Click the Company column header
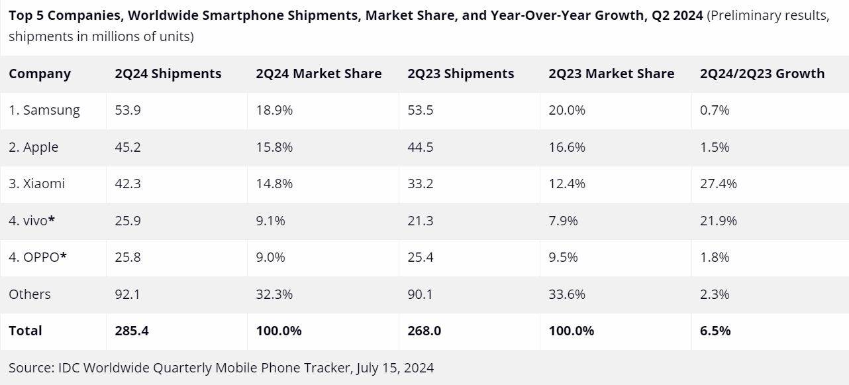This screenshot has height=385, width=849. click(x=40, y=74)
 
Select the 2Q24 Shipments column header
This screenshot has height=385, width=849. click(x=168, y=74)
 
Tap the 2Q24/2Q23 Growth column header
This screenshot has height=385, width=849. click(x=762, y=74)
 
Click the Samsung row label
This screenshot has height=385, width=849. click(x=44, y=110)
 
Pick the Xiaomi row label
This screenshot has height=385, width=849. click(x=37, y=184)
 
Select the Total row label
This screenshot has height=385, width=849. click(x=25, y=330)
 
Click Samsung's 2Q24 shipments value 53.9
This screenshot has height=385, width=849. click(x=128, y=110)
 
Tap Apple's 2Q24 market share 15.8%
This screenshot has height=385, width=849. click(x=274, y=147)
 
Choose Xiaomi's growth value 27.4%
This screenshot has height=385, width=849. click(x=719, y=184)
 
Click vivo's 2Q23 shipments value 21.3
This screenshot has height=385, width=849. click(x=421, y=221)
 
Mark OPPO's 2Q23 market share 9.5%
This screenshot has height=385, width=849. click(x=563, y=257)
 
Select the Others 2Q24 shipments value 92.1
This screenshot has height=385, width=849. click(x=128, y=294)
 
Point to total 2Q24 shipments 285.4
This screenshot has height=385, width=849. click(x=132, y=330)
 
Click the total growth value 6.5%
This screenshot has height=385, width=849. click(x=715, y=330)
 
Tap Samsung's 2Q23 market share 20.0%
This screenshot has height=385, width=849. click(x=567, y=110)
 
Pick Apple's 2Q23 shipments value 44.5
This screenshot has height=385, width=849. click(x=421, y=147)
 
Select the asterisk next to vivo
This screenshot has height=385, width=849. click(x=52, y=219)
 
